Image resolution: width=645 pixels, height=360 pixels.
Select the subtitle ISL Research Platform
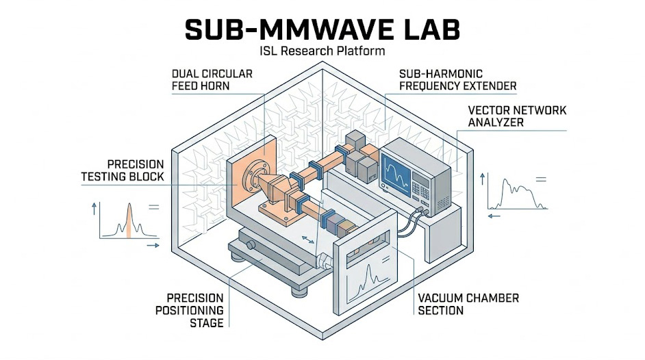tap(322, 51)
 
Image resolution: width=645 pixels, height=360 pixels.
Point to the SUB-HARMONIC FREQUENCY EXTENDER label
tap(457, 79)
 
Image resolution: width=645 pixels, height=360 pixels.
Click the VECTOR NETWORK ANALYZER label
tap(517, 116)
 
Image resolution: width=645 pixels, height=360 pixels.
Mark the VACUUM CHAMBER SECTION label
tap(468, 304)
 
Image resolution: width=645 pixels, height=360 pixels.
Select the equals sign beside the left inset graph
tap(153, 206)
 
